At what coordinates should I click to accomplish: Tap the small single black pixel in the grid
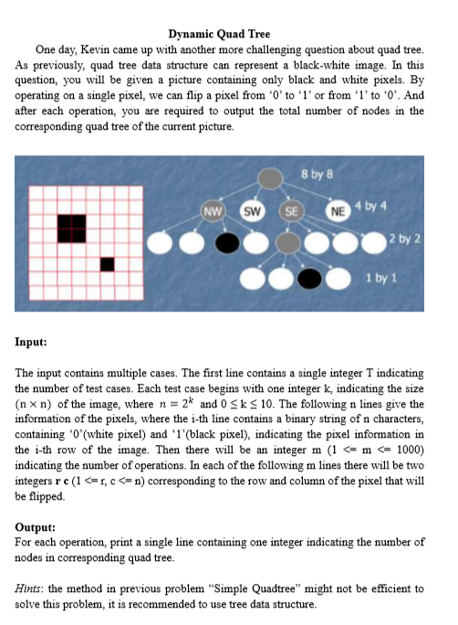[x=107, y=264]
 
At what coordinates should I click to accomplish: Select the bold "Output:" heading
[x=36, y=527]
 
